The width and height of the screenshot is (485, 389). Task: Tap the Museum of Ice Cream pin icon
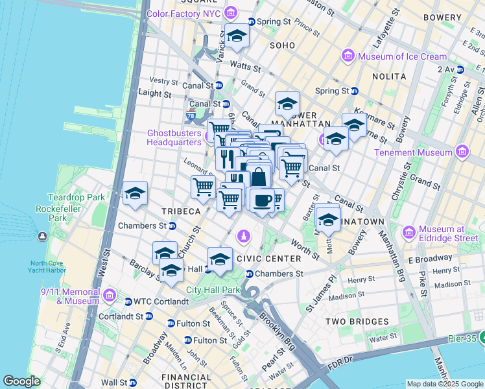(x=348, y=57)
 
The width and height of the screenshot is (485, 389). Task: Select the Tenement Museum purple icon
(x=462, y=152)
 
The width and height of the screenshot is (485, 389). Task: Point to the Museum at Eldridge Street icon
(x=409, y=232)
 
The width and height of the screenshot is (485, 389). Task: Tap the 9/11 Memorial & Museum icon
(x=110, y=297)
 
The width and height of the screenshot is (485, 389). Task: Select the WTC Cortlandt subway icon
(x=128, y=301)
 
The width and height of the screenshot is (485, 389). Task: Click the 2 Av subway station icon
(x=462, y=69)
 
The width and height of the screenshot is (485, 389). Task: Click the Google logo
(x=22, y=381)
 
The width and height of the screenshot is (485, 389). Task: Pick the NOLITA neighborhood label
(x=388, y=77)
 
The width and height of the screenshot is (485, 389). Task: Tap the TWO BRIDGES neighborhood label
(x=357, y=322)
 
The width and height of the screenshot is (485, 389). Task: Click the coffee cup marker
(x=261, y=199)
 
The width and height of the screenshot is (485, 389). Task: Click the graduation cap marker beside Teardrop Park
(x=135, y=194)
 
